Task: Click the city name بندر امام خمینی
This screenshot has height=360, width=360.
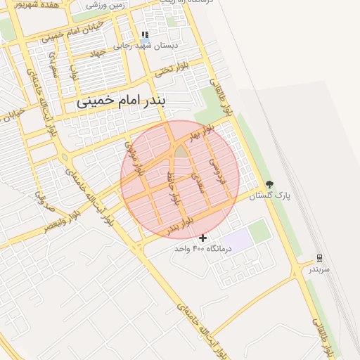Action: point(122,101)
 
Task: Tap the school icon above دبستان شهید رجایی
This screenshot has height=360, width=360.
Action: point(145,34)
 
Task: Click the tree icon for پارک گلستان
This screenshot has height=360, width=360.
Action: point(269,184)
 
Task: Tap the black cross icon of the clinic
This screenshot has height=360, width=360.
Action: point(203,238)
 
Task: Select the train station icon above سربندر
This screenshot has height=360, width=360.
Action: point(319,258)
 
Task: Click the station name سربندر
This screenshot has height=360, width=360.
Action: point(319,269)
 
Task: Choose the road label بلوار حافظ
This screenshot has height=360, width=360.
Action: point(170,185)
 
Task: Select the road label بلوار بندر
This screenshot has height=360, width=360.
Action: point(180,226)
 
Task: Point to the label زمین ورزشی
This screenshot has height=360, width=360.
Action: point(106,4)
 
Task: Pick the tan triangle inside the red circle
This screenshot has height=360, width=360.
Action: point(181,150)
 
